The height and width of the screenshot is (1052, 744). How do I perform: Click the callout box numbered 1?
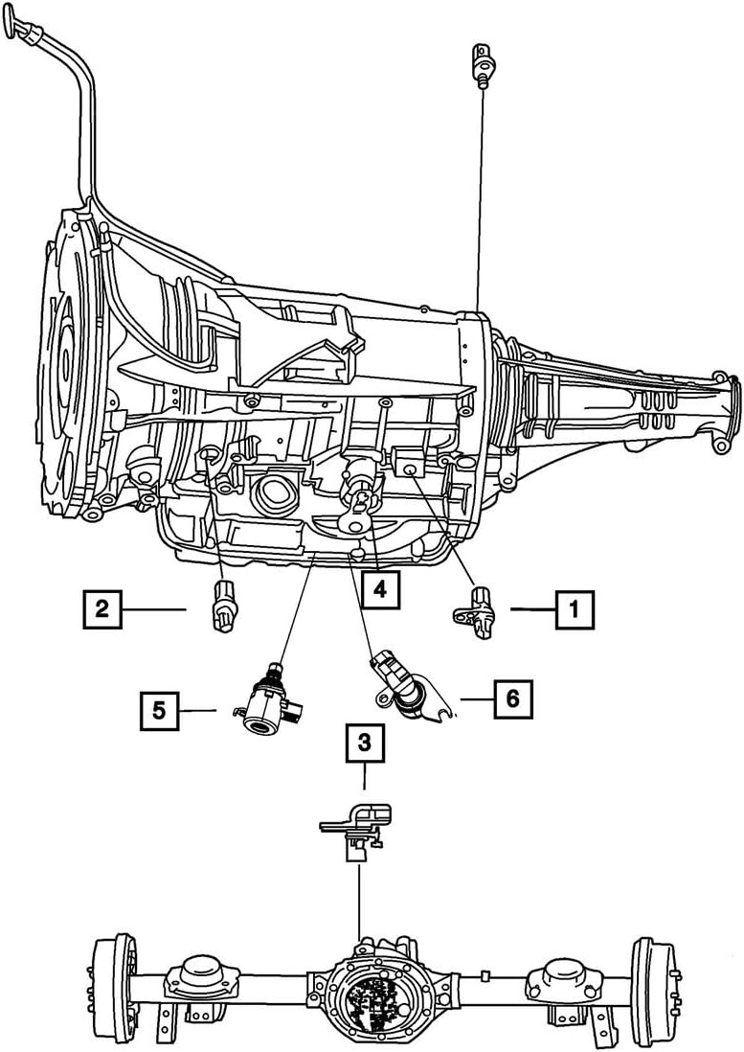click(x=574, y=608)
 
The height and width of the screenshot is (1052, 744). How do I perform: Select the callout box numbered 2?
click(x=102, y=608)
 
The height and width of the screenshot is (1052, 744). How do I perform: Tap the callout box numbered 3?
click(x=365, y=741)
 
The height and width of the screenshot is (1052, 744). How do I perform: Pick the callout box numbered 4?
click(x=380, y=590)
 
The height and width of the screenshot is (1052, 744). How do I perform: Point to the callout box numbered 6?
click(x=512, y=699)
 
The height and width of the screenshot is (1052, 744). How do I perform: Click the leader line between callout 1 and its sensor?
click(x=532, y=608)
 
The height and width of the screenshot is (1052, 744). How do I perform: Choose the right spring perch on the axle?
click(x=554, y=974)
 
